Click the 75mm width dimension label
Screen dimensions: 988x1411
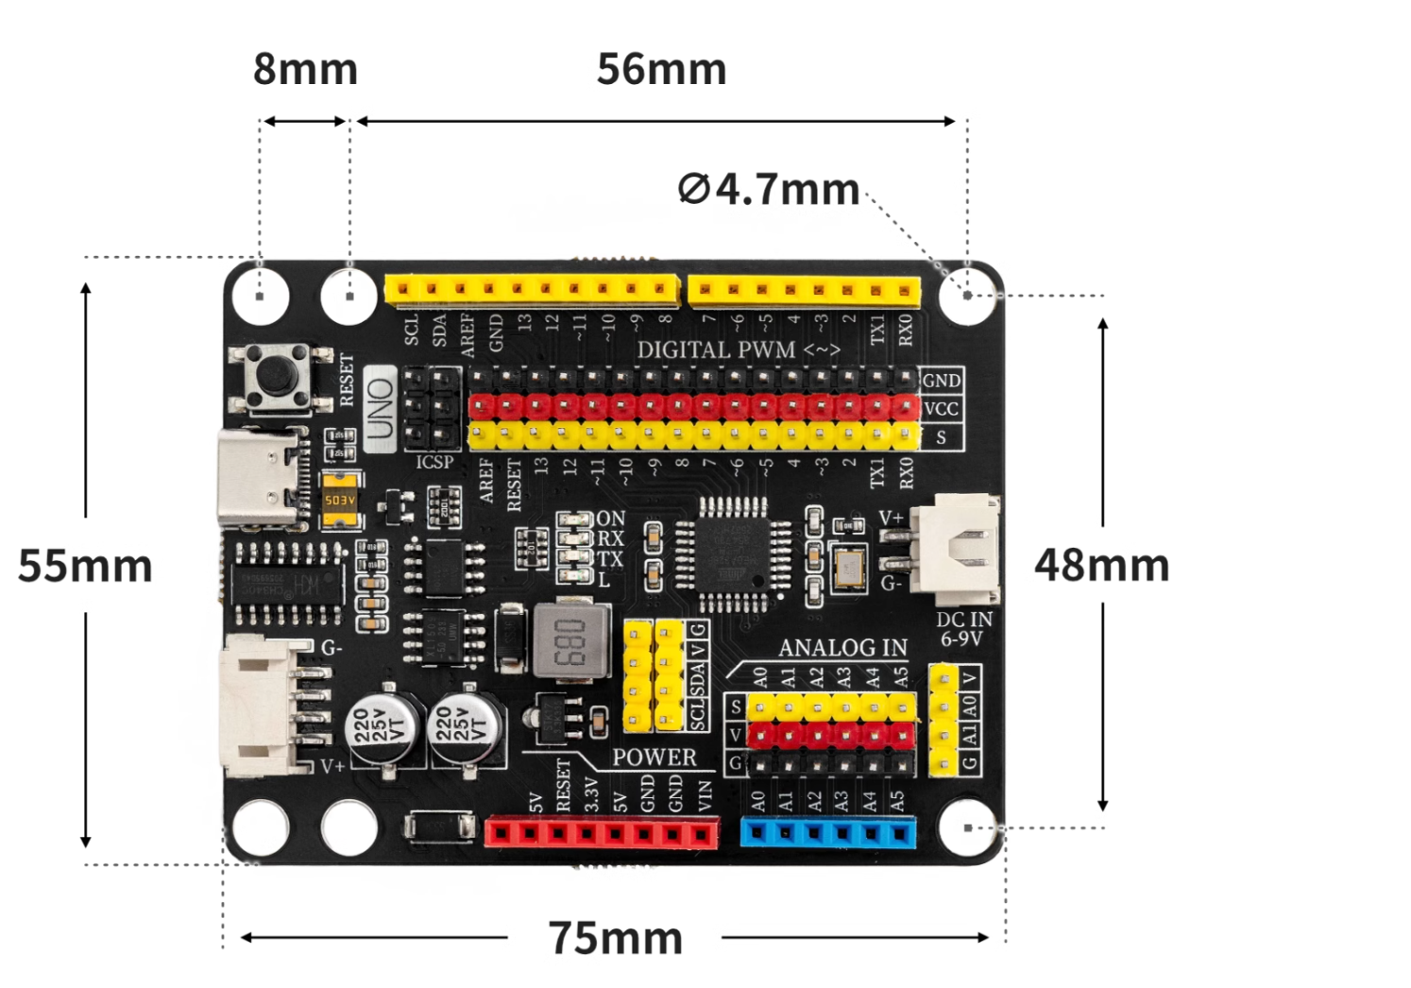(x=616, y=938)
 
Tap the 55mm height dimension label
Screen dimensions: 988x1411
(x=85, y=566)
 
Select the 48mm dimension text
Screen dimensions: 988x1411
(x=1101, y=565)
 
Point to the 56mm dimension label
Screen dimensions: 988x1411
(x=661, y=69)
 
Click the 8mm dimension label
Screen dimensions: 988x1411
(x=305, y=69)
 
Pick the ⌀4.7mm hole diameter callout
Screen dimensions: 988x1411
(x=769, y=189)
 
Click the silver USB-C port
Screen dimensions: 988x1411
(x=263, y=477)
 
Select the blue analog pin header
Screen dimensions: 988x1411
(x=828, y=832)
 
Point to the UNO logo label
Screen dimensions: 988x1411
(x=380, y=408)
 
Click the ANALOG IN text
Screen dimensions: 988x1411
(x=842, y=648)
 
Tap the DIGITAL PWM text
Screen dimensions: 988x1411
(x=716, y=349)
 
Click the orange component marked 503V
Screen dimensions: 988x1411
(x=340, y=500)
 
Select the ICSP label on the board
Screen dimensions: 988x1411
(x=434, y=462)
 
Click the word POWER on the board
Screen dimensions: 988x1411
(x=654, y=758)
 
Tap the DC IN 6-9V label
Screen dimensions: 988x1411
(x=963, y=629)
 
